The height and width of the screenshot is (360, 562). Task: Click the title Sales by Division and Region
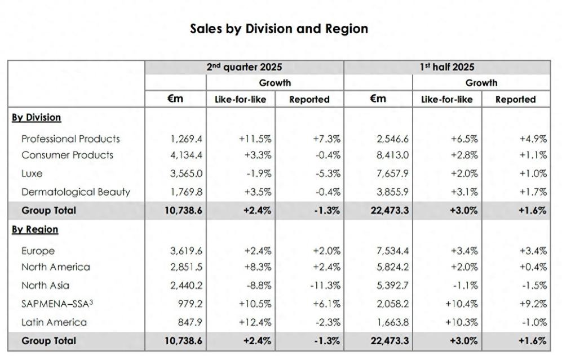tap(279, 29)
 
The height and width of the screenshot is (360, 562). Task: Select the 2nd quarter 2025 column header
tap(244, 67)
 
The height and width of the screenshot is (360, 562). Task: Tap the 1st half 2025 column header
tap(447, 67)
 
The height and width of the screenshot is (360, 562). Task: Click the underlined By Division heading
tap(36, 118)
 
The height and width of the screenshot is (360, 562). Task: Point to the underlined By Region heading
tap(34, 229)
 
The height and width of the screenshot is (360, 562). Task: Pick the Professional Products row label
tap(70, 139)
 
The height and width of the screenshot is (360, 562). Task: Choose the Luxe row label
tap(32, 174)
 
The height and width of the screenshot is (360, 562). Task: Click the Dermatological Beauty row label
tap(76, 192)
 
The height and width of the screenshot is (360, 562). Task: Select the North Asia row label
tap(45, 285)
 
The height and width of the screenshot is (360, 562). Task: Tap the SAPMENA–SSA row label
tap(57, 304)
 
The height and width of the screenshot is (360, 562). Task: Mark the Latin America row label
tap(54, 322)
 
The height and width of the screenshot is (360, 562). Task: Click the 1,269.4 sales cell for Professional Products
tap(186, 139)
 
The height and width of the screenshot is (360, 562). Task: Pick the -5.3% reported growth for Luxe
tap(328, 174)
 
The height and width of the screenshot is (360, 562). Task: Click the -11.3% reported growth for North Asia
tap(325, 285)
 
